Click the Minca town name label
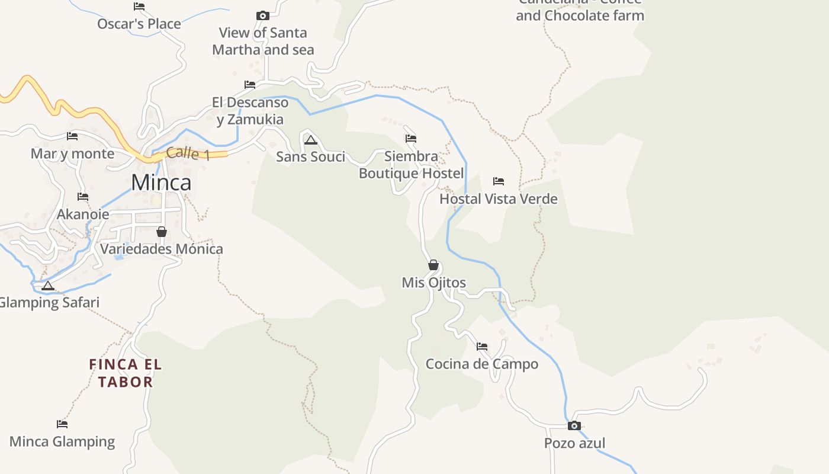point(161,182)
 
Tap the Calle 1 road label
point(188,153)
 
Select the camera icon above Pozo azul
point(574,425)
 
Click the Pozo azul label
point(574,443)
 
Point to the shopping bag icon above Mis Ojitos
point(433,265)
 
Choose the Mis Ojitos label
point(433,283)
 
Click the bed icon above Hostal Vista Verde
point(499,181)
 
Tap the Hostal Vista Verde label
point(498,199)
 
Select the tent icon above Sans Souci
point(310,140)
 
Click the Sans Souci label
point(310,157)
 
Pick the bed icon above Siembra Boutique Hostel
point(411,139)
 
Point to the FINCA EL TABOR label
point(126,373)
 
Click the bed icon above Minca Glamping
point(62,424)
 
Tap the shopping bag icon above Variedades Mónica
point(161,232)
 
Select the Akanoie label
point(83,214)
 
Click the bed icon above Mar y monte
point(72,136)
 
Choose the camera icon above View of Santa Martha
point(263,15)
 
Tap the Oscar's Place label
point(139,24)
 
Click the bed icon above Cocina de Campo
point(482,346)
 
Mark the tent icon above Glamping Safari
point(48,286)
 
